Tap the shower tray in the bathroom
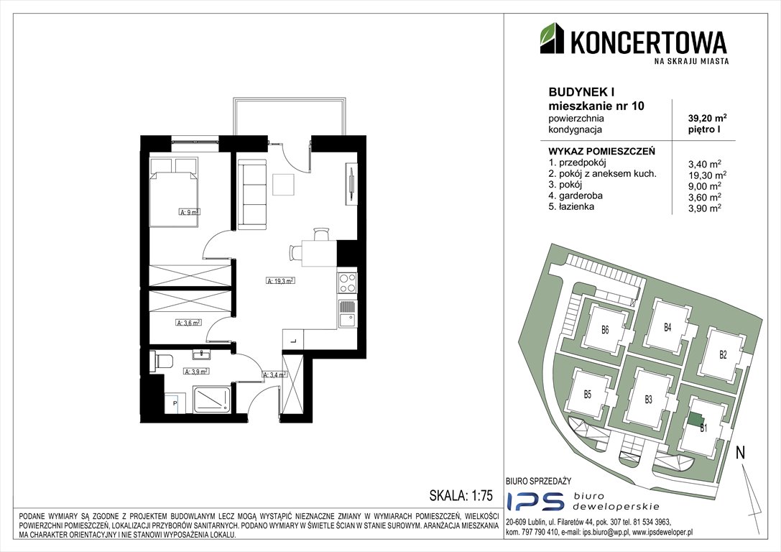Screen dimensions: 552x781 click(x=213, y=399)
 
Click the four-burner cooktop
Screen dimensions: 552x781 click(x=347, y=282)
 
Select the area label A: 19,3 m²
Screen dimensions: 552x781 click(x=281, y=281)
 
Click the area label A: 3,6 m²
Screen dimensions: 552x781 click(x=189, y=323)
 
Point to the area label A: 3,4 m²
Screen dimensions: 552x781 click(x=276, y=374)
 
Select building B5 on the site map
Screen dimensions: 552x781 click(x=587, y=393)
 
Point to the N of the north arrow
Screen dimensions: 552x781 click(x=740, y=453)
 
